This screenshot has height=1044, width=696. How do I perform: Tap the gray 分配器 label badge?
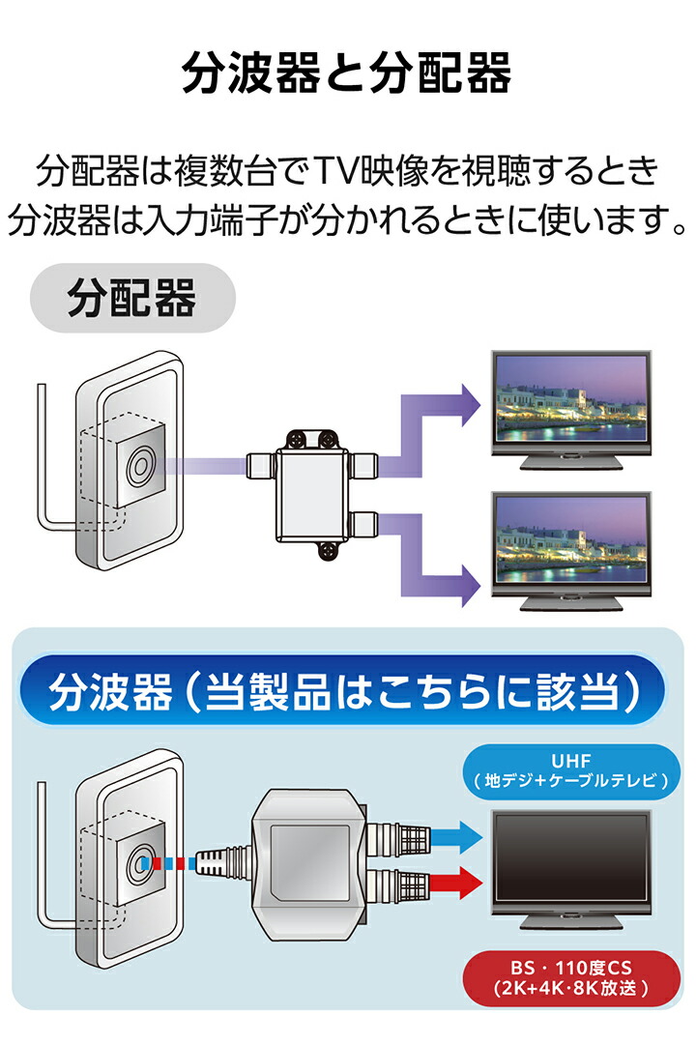[x=132, y=301]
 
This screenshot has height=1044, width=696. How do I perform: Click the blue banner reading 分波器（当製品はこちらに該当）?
[x=346, y=693]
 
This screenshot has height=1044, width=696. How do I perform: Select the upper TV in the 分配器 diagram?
[x=569, y=405]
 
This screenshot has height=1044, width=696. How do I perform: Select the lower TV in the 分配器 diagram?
[x=569, y=546]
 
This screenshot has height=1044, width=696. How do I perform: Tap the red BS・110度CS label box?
[x=568, y=976]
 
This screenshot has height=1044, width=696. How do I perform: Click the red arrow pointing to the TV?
[x=453, y=881]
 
